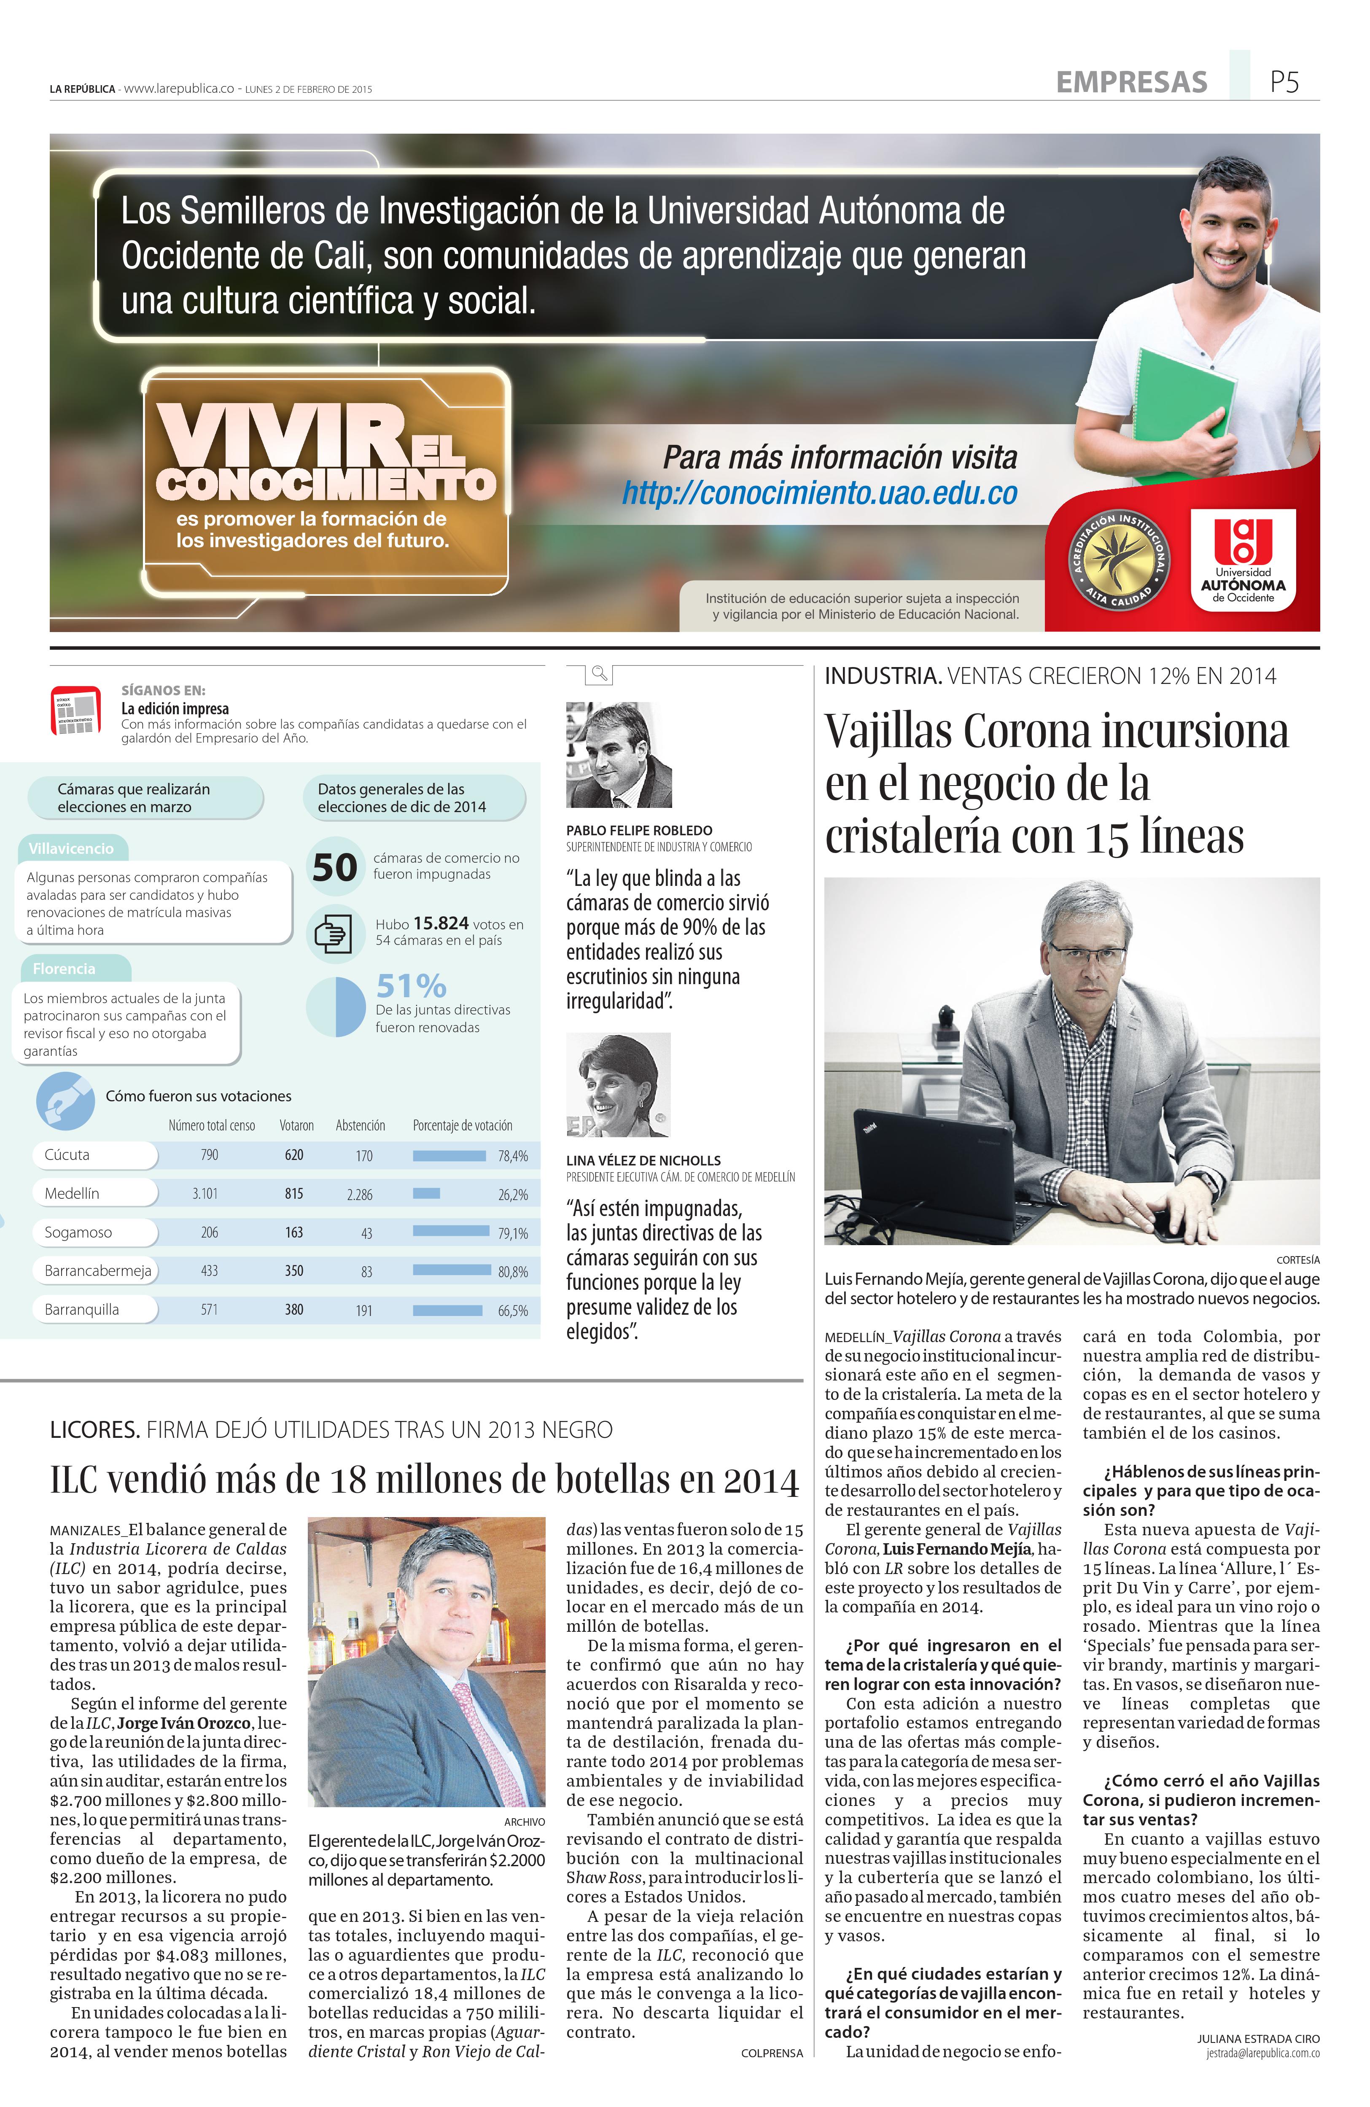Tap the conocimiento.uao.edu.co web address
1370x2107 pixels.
(x=819, y=493)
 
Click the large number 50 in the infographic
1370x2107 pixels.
(x=335, y=866)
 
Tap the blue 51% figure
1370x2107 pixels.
(x=411, y=985)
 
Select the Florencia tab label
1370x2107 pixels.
(x=64, y=969)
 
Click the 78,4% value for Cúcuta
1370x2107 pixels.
(x=513, y=1155)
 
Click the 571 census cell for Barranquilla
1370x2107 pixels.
(x=209, y=1309)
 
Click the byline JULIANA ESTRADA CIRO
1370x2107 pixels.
(x=1257, y=2038)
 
